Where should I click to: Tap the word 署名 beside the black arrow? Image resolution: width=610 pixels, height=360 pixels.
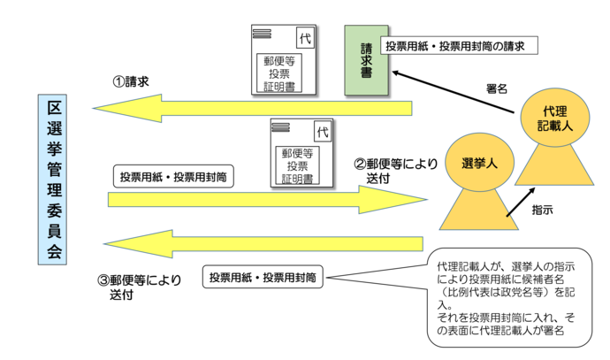pos(497,88)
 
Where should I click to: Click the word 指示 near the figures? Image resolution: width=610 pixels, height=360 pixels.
pos(542,211)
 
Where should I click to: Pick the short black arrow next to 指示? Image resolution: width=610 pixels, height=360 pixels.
pos(518,203)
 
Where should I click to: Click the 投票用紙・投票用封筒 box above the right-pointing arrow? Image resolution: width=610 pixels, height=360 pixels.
pos(173,176)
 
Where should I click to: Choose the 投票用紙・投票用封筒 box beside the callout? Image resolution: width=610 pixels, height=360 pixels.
pos(263,278)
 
